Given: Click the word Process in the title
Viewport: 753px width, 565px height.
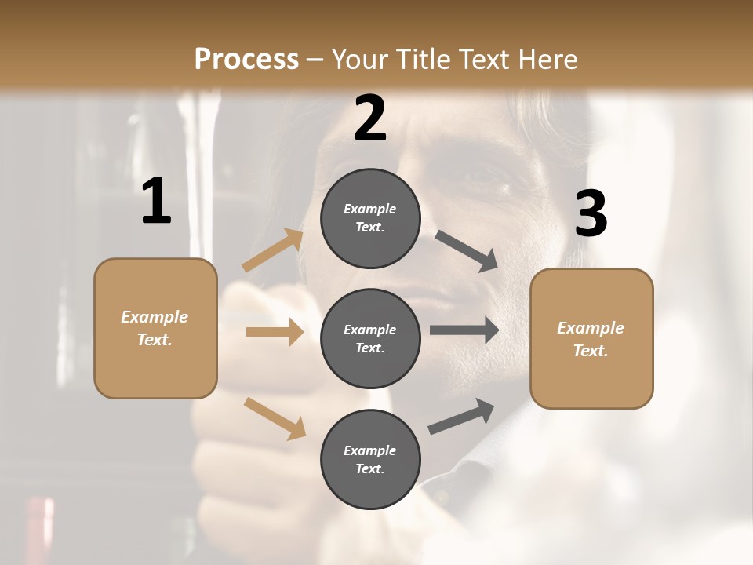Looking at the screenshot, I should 246,60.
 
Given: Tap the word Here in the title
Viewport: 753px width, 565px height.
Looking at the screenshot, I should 544,60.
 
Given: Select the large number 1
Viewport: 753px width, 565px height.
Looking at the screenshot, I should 156,202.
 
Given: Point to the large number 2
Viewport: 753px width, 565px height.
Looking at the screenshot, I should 370,119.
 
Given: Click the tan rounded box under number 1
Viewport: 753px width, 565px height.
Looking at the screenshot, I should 155,328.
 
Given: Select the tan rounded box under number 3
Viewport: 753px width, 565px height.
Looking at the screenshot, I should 591,339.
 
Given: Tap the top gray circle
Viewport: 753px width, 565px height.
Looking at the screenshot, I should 370,218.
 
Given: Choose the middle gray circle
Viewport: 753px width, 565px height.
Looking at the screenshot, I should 370,339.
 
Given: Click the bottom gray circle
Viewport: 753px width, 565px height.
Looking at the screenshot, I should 370,460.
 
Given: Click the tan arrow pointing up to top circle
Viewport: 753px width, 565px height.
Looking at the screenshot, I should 273,250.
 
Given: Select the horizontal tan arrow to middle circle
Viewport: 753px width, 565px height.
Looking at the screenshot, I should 275,332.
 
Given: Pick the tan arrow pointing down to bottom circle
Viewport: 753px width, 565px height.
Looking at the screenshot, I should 275,418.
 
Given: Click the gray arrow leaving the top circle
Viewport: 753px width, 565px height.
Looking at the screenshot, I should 467,251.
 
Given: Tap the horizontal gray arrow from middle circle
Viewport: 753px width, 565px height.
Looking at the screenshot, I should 464,330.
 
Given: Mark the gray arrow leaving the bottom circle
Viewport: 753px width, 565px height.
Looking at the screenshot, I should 461,417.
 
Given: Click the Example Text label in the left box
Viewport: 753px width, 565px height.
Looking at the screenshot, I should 155,328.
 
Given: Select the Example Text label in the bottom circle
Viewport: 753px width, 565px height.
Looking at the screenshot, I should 370,460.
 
